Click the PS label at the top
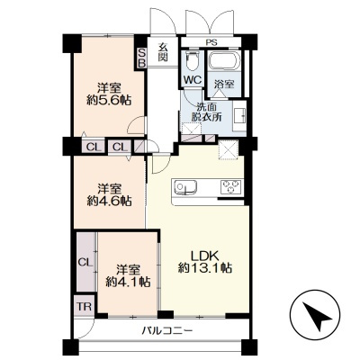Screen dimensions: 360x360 211,42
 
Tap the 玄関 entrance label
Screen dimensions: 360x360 163,52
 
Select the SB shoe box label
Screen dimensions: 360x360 141,58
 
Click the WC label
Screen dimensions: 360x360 193,80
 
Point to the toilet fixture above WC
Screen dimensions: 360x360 192,61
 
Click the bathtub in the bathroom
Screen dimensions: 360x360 224,61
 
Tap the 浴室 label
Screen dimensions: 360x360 224,85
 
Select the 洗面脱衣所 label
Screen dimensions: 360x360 207,112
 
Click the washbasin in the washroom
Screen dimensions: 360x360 239,116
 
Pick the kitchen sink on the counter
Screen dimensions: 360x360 185,187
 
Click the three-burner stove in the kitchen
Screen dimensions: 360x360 231,187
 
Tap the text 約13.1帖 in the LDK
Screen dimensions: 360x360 205,267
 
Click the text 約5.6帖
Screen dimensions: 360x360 110,100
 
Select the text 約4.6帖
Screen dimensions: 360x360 110,201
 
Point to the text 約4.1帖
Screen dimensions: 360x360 128,282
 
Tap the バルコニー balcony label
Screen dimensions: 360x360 167,331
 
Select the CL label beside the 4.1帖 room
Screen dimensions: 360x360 85,263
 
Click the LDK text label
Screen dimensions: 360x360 204,256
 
